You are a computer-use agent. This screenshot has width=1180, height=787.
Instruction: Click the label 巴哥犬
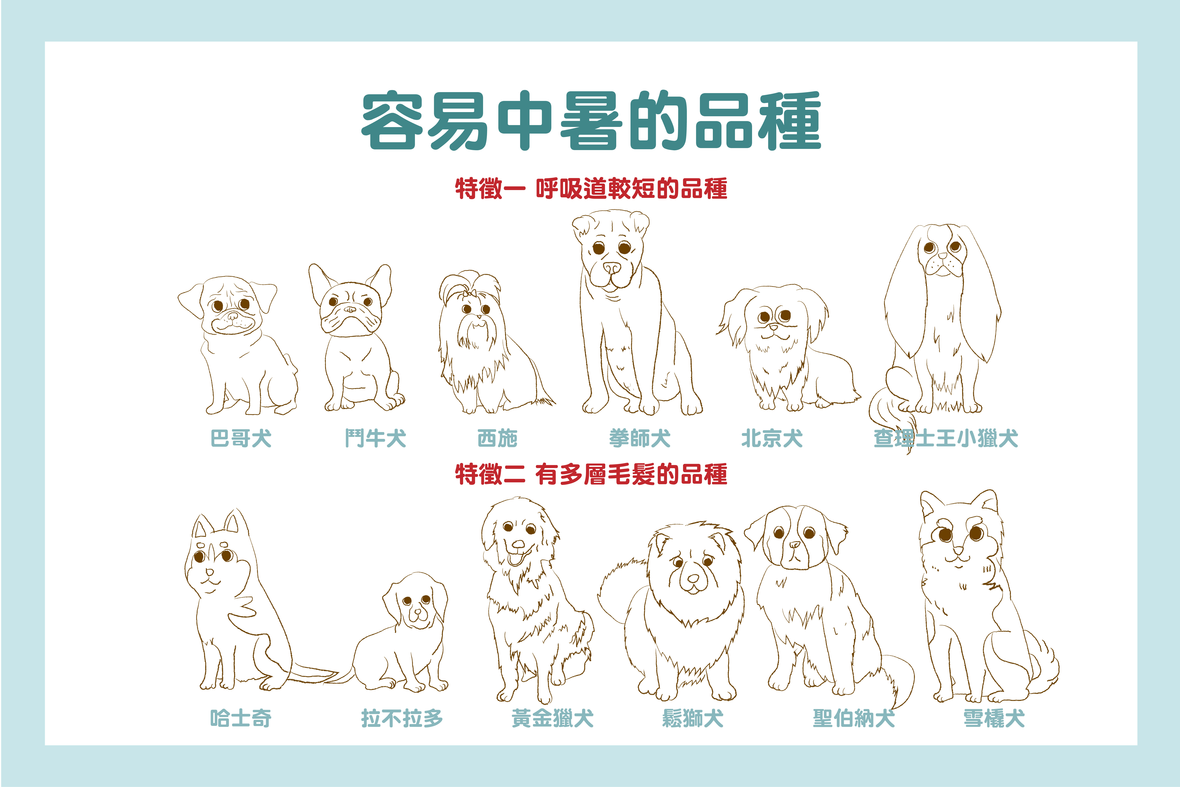click(241, 438)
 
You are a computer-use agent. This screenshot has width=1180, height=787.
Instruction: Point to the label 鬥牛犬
click(375, 438)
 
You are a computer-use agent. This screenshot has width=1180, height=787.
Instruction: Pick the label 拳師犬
click(640, 438)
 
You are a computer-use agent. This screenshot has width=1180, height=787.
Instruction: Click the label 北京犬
click(772, 438)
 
